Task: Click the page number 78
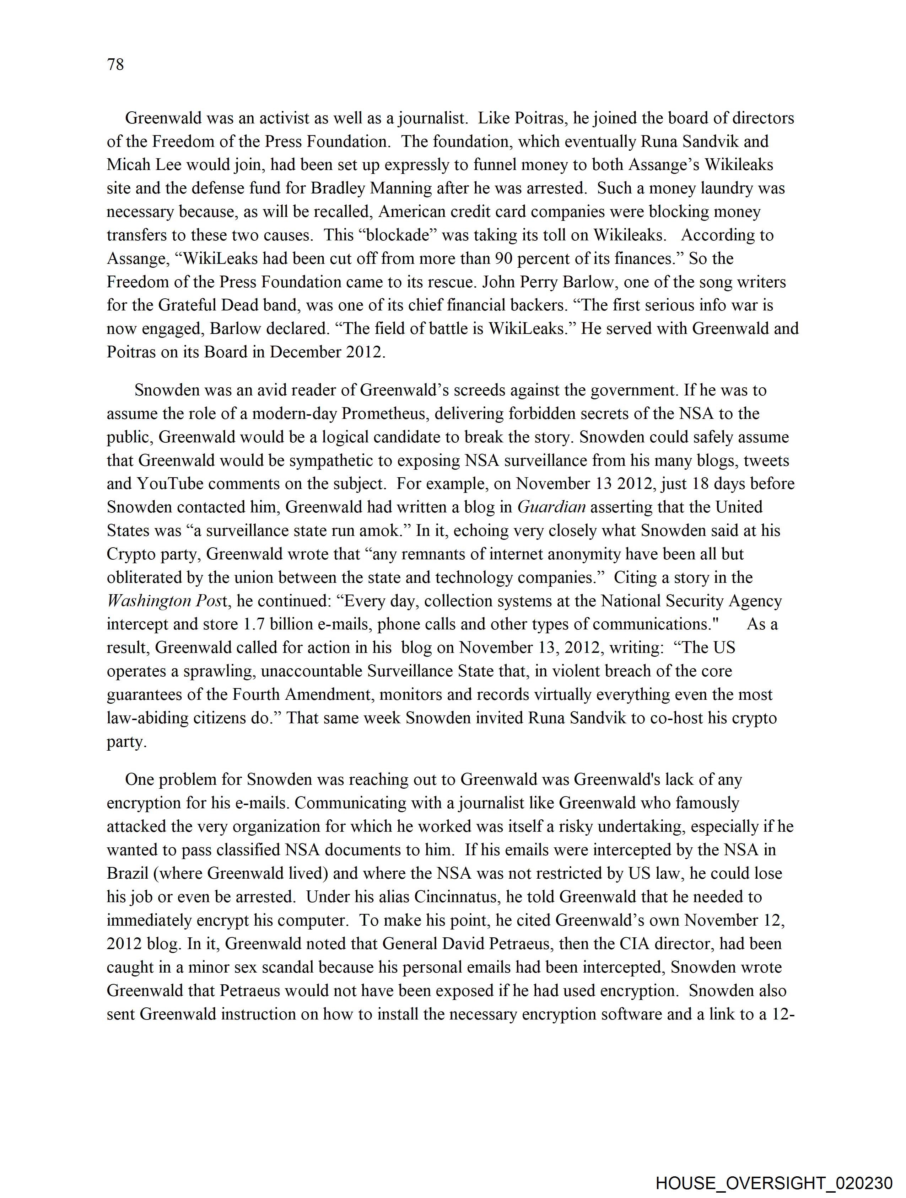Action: [115, 64]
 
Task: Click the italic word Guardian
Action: [551, 507]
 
